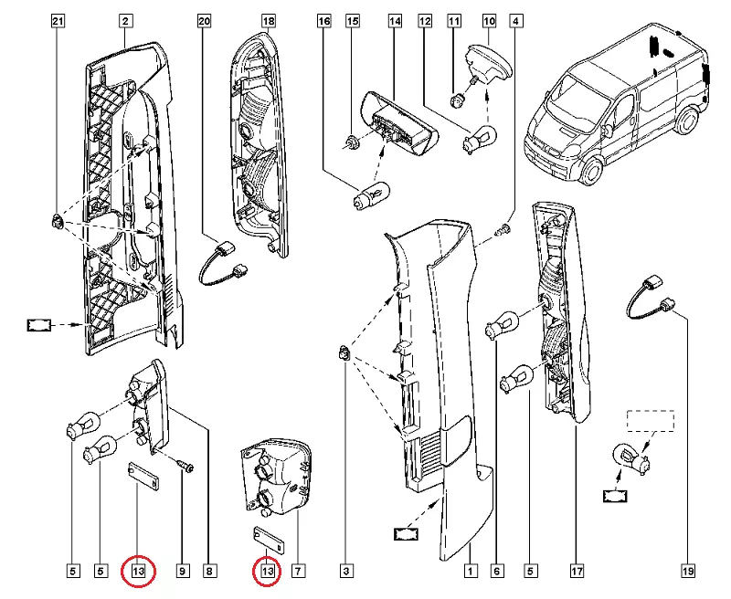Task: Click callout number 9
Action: [182, 573]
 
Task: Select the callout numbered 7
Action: [297, 573]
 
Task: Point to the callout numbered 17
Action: [577, 573]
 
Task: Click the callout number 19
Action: [687, 573]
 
